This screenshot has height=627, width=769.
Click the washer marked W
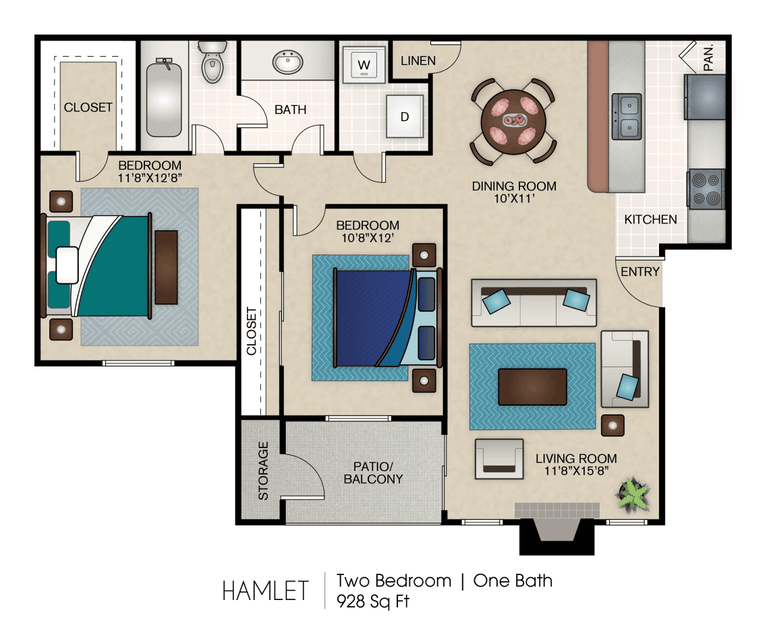[364, 64]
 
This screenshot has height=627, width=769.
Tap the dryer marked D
[405, 116]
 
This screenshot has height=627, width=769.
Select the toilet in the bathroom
[212, 61]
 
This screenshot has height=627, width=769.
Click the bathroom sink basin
[288, 62]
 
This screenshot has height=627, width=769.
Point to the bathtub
[164, 98]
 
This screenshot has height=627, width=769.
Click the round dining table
[513, 121]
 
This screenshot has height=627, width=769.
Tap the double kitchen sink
[627, 116]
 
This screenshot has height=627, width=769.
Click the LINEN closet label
[418, 61]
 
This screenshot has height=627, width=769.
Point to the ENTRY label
[640, 272]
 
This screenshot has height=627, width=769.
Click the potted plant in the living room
[633, 495]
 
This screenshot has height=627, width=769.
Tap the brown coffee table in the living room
[532, 387]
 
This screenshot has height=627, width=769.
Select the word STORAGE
[263, 470]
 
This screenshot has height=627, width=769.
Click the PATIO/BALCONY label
[373, 472]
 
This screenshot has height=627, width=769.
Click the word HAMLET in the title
[265, 591]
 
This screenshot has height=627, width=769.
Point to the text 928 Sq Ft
[373, 601]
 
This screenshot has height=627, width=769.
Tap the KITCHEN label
[650, 219]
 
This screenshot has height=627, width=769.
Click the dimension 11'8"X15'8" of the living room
[576, 471]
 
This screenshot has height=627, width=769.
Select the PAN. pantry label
[708, 57]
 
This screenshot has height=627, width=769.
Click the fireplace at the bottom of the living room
[557, 529]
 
